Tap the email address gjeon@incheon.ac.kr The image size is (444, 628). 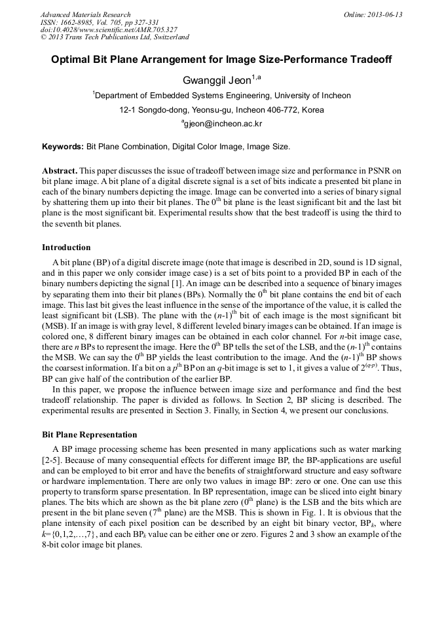coord(223,124)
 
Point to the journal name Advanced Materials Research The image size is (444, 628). coord(85,14)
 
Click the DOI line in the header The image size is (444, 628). coord(109,29)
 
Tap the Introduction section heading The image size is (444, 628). coord(66,248)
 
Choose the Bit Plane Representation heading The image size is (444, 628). coord(89,435)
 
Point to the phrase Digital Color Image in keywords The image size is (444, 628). coord(211,147)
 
